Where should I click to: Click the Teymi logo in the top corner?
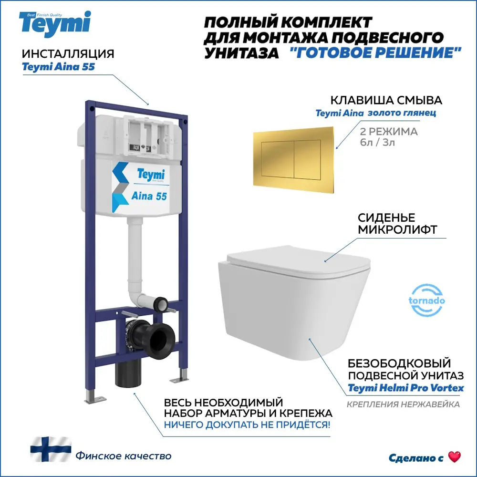(55, 24)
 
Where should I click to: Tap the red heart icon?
(455, 456)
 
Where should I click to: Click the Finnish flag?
(51, 449)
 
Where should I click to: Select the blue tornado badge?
(426, 300)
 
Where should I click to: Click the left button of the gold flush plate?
(278, 159)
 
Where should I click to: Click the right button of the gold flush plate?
(307, 159)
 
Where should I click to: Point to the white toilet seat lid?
(299, 261)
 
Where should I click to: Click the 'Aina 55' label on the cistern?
(149, 196)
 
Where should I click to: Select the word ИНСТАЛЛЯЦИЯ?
(68, 54)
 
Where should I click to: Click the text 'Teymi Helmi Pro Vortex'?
(406, 388)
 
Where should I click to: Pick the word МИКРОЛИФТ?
(397, 230)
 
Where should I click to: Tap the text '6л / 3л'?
(377, 142)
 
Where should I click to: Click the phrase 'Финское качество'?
(124, 456)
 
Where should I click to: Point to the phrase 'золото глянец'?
(402, 113)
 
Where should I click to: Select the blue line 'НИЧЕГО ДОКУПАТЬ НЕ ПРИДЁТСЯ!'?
(247, 425)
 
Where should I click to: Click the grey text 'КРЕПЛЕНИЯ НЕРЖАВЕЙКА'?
(404, 404)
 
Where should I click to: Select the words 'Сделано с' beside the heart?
(416, 458)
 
